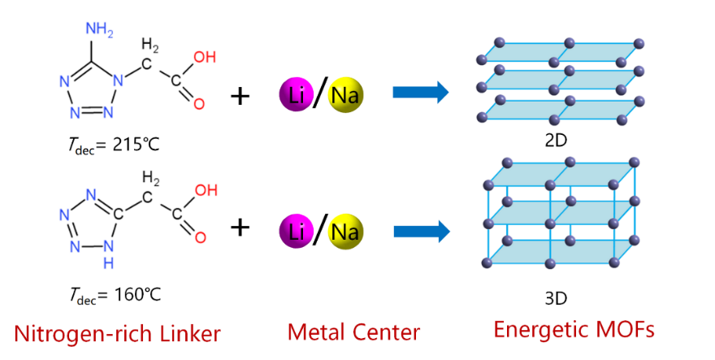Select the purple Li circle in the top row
click(x=297, y=94)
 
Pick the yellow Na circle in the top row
click(x=348, y=94)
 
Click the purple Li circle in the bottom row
click(x=297, y=232)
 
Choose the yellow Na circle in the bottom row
click(x=348, y=232)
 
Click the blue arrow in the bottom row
click(x=421, y=232)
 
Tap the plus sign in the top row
click(x=240, y=95)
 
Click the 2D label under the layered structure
click(x=556, y=141)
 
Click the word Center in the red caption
click(x=387, y=332)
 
